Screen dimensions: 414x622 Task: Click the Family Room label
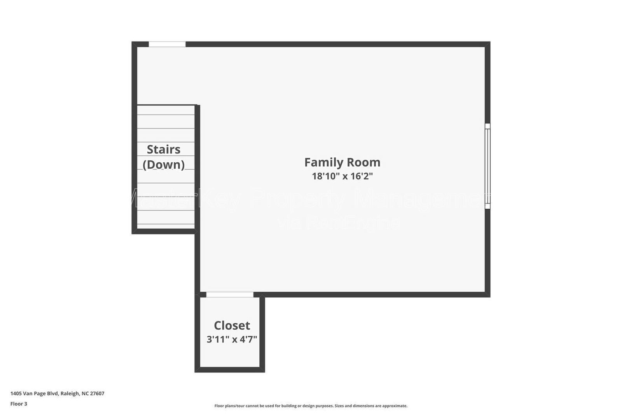(342, 162)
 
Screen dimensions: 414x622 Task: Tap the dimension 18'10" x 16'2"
(342, 176)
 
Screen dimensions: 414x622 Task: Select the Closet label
(232, 325)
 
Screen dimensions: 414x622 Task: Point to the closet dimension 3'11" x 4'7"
(232, 339)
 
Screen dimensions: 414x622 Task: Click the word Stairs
(163, 150)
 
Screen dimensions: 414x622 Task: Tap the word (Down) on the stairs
(163, 165)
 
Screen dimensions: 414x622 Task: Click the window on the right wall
(487, 166)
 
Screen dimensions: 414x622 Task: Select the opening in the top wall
(167, 44)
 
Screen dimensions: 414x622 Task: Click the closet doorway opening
(229, 295)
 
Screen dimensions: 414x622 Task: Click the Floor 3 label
(19, 404)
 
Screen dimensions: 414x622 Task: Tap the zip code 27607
(97, 393)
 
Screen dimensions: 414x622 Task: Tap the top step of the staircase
(166, 110)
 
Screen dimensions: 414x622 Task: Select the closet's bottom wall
(229, 369)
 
